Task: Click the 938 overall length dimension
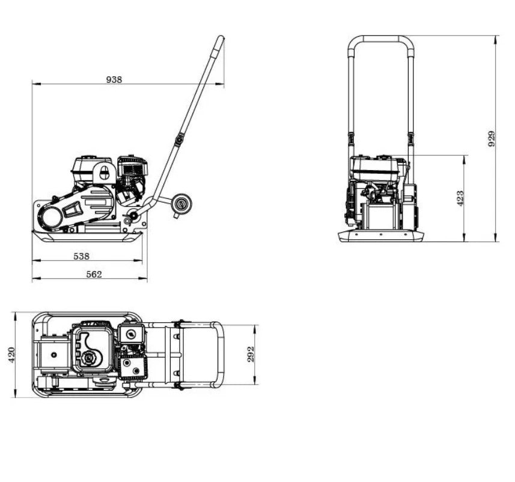click(114, 79)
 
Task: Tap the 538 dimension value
click(81, 256)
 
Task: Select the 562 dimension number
click(94, 274)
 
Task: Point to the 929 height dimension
click(492, 139)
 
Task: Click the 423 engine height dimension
click(460, 198)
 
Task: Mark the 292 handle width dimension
click(251, 355)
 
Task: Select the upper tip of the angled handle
click(221, 40)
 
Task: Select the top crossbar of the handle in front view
click(381, 39)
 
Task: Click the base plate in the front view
click(380, 236)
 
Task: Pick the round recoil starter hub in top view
click(90, 359)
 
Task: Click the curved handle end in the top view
click(220, 355)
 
